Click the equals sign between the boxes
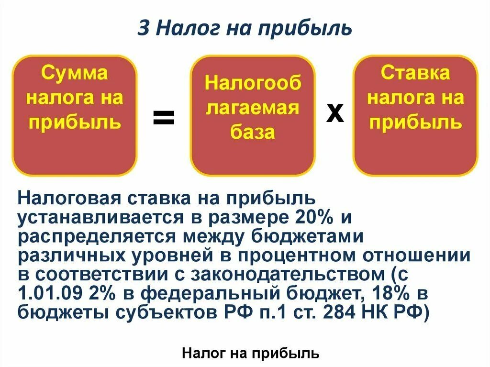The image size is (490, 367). coord(164,117)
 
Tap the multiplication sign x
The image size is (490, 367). coord(335,114)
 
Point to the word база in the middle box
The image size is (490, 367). coord(253,132)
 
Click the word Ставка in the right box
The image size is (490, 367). coord(415,73)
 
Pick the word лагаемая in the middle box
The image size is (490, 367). coord(253,108)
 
